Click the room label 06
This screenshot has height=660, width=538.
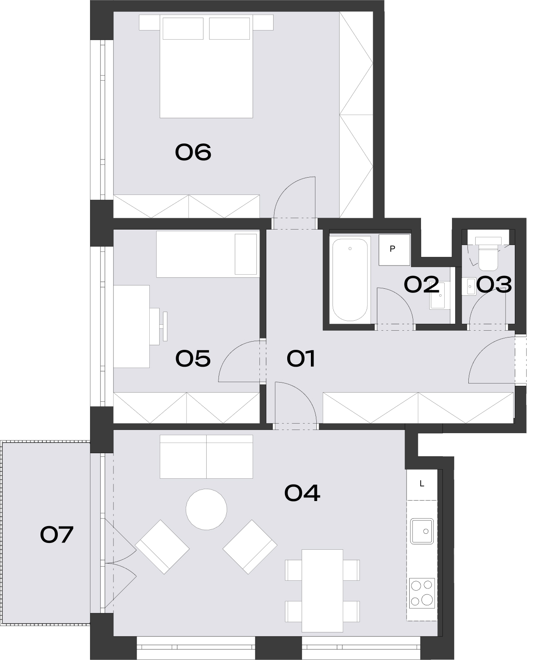click(x=193, y=152)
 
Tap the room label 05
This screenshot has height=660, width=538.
click(x=193, y=358)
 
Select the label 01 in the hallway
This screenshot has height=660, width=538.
click(x=300, y=358)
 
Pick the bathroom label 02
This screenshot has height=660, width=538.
click(x=421, y=284)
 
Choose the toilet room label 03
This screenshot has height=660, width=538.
click(x=494, y=284)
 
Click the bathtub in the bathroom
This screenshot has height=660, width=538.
click(x=350, y=280)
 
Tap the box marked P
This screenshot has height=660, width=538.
click(x=394, y=250)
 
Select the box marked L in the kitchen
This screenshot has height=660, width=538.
click(x=422, y=484)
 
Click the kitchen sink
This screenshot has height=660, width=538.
click(x=421, y=531)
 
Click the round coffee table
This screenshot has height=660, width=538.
click(x=206, y=509)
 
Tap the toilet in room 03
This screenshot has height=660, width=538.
click(x=488, y=254)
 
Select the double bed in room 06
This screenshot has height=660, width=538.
click(x=206, y=67)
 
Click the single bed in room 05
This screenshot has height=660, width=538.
click(x=208, y=254)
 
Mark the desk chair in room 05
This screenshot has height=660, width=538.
click(x=158, y=327)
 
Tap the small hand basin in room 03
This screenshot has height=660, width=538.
click(x=469, y=287)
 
